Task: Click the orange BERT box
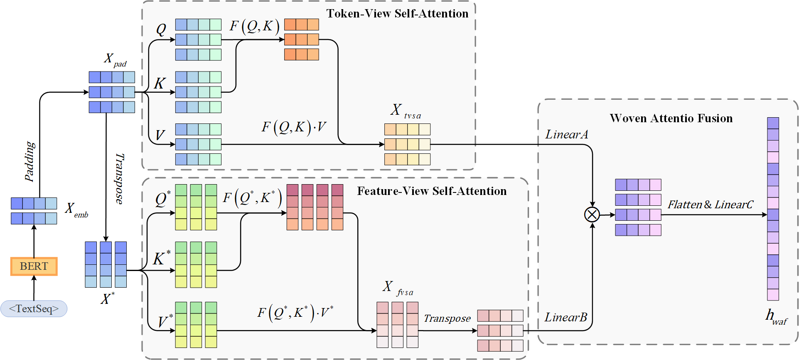[x=34, y=266]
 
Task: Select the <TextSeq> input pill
[x=34, y=309]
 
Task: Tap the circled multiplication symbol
[x=592, y=215]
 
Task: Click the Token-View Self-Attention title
[x=397, y=14]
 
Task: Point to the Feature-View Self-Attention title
[x=432, y=191]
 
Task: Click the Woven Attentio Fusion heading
[x=671, y=118]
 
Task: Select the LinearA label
[x=566, y=134]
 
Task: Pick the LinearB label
[x=566, y=317]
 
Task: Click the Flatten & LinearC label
[x=710, y=205]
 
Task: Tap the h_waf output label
[x=775, y=317]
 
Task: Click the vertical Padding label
[x=30, y=161]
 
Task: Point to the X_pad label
[x=114, y=59]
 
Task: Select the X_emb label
[x=76, y=210]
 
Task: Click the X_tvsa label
[x=406, y=111]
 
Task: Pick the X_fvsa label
[x=398, y=288]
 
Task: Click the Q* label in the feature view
[x=162, y=199]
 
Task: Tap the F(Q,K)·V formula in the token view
[x=293, y=127]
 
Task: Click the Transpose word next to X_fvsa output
[x=447, y=318]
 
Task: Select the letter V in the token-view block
[x=160, y=135]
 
